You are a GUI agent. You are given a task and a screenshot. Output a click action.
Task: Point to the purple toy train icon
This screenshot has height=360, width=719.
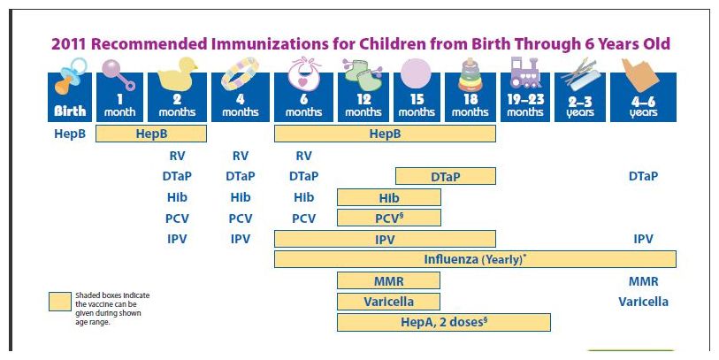coord(525,73)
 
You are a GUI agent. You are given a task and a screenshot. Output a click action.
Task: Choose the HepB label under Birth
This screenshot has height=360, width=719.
coord(70,134)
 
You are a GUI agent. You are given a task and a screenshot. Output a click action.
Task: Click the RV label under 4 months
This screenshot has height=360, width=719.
coord(241,156)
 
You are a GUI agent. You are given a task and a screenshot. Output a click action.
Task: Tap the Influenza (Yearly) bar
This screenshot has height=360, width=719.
coord(475,259)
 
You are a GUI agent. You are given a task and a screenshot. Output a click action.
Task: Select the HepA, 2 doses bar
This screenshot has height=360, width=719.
coord(444,322)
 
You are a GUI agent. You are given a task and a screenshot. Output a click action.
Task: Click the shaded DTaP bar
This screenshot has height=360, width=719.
coord(446,177)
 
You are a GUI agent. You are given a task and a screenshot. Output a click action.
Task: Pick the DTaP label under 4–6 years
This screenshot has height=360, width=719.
coord(643,177)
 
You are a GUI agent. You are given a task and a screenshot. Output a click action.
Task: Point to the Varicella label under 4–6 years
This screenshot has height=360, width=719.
coord(643,302)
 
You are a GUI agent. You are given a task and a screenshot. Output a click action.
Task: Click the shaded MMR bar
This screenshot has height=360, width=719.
coord(388,280)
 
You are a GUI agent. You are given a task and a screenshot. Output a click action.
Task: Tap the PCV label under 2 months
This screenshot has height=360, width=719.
coord(177,218)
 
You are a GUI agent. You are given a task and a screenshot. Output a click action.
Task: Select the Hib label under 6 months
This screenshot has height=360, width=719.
coord(303,197)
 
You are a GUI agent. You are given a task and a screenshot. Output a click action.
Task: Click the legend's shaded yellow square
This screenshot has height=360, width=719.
coord(60,302)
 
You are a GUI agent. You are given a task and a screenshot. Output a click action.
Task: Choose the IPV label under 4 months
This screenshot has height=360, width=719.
coord(241,239)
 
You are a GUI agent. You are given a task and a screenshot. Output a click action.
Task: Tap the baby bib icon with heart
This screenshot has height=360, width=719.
coord(303,73)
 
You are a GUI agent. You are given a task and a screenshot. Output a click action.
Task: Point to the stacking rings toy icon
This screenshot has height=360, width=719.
coord(470,74)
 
